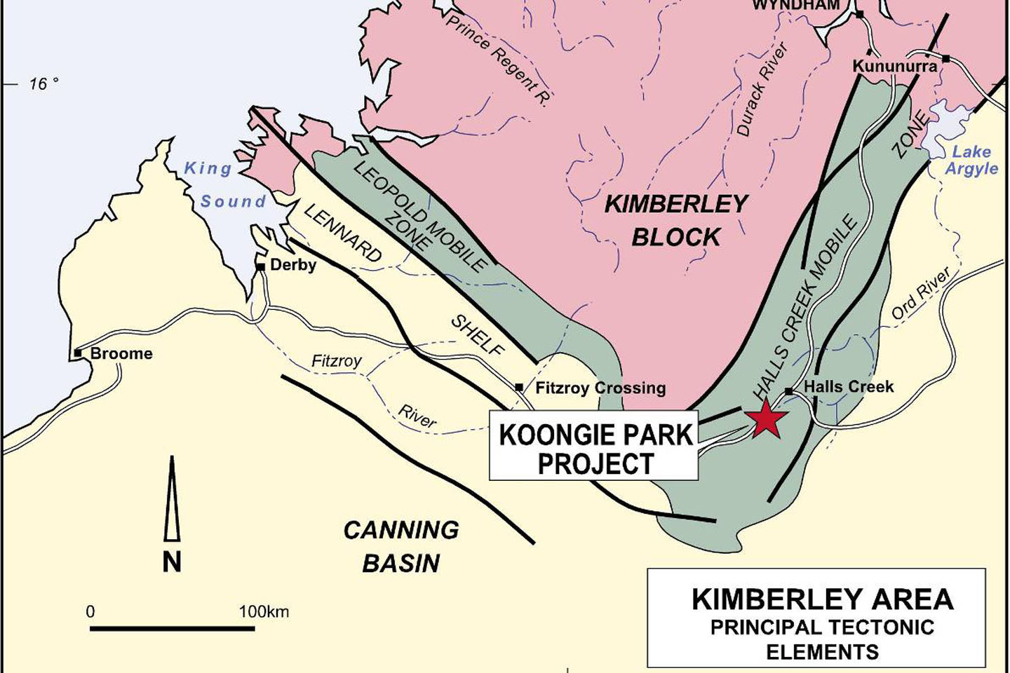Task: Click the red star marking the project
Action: (764, 420)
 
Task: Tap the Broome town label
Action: (121, 353)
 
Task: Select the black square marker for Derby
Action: (260, 267)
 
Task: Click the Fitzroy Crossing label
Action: (600, 388)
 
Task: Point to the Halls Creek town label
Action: (849, 386)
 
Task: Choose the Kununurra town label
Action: (894, 67)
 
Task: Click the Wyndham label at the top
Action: (796, 6)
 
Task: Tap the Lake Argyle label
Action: (971, 160)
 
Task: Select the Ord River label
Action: (921, 294)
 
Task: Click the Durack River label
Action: (762, 90)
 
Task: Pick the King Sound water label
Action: (223, 185)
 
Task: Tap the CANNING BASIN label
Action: (401, 546)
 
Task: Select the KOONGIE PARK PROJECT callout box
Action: (594, 449)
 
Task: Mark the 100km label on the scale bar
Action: (263, 611)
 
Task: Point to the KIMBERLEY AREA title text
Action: (822, 599)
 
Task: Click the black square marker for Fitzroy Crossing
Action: (519, 387)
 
